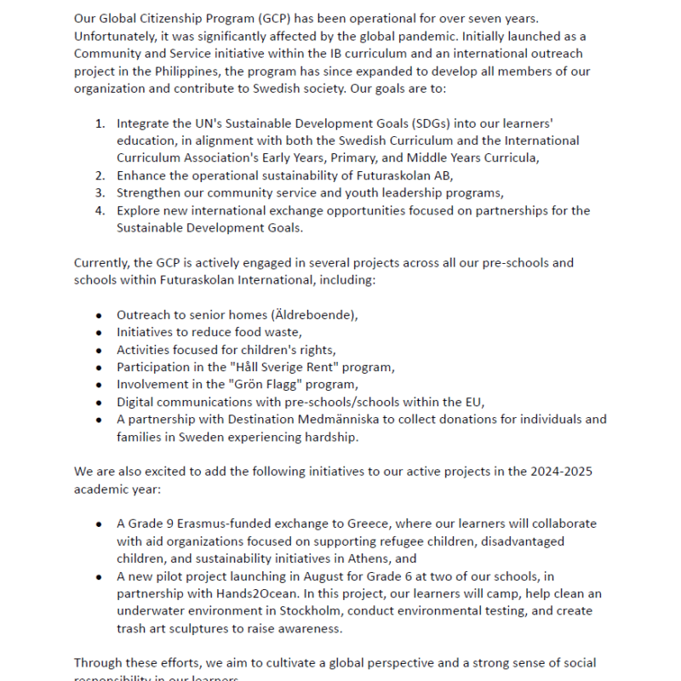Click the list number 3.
100,192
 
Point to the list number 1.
100,123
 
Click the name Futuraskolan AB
405,175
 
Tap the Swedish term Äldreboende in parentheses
316,315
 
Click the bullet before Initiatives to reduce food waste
100,332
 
